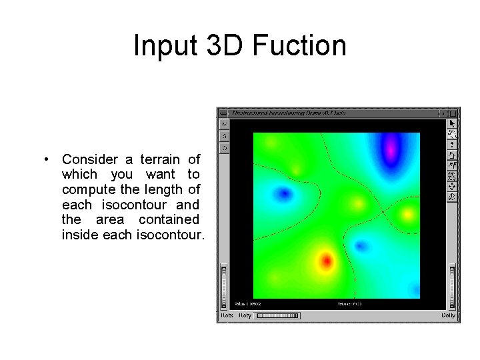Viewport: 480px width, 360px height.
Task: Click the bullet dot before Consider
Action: pyautogui.click(x=45, y=160)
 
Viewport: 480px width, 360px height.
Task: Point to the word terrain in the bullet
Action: pyautogui.click(x=160, y=159)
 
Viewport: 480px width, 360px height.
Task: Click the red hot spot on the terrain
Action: pyautogui.click(x=326, y=261)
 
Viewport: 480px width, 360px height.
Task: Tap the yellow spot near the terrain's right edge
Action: pyautogui.click(x=407, y=214)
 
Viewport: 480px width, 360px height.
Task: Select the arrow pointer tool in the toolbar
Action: pyautogui.click(x=452, y=123)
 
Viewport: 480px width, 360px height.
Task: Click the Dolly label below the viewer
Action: pyautogui.click(x=448, y=315)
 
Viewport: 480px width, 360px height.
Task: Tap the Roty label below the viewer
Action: pyautogui.click(x=245, y=315)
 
